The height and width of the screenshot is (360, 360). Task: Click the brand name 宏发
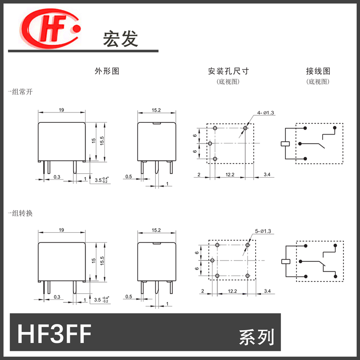(x=121, y=39)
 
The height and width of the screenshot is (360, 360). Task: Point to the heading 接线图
(x=318, y=71)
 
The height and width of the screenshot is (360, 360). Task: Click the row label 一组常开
(x=20, y=91)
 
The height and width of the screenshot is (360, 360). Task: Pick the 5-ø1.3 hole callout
(x=264, y=231)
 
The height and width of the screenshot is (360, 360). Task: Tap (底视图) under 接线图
(x=318, y=82)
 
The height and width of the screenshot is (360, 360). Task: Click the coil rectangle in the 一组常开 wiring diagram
(x=284, y=144)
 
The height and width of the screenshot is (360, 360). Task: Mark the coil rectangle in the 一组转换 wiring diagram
(x=284, y=261)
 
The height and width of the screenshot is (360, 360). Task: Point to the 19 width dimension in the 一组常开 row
(x=61, y=109)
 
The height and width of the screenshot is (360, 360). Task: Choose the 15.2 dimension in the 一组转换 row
(x=156, y=230)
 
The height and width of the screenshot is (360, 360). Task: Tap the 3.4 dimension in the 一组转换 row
(x=267, y=292)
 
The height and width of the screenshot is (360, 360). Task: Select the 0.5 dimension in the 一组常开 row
(x=129, y=177)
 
